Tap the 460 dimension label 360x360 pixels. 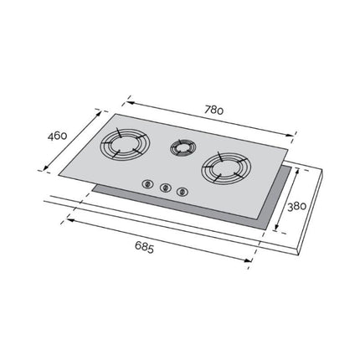(56, 136)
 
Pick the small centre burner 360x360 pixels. (180, 148)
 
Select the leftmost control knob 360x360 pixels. (147, 183)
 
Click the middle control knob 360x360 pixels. (166, 188)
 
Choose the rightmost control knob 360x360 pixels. (183, 193)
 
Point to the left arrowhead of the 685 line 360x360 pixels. (68, 220)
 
